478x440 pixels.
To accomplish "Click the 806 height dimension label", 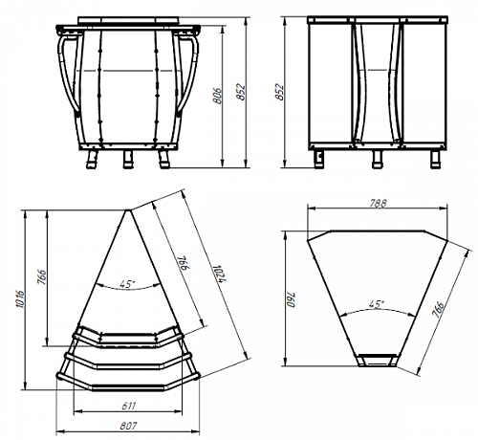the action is pos(217,95).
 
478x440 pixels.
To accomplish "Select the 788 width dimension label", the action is pos(378,203).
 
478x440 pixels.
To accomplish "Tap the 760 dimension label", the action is pos(292,299).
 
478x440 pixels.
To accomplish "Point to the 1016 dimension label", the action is pos(20,298).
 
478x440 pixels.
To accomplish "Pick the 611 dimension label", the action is pos(128,406).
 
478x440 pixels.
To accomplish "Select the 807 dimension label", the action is pos(128,426).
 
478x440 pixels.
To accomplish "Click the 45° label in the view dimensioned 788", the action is pos(377,304).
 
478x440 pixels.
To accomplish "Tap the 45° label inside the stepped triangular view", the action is pos(127,284).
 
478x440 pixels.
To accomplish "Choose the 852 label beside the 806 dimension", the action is pos(241,92).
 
